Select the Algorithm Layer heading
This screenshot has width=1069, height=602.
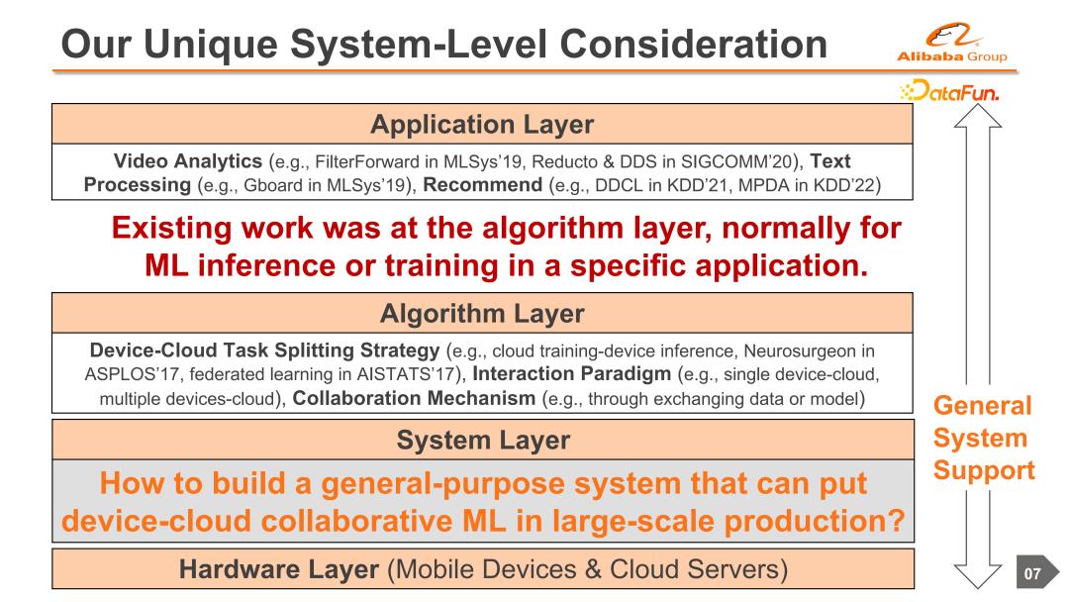tap(482, 315)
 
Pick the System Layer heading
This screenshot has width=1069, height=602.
tap(482, 440)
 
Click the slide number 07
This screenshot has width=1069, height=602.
tap(1032, 571)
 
